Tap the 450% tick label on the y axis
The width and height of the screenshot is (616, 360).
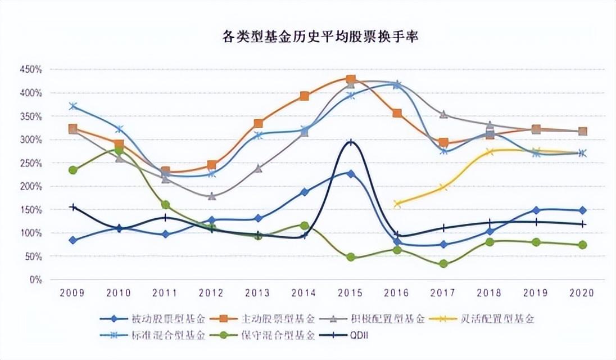click(31, 70)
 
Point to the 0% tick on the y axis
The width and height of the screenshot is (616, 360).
click(35, 280)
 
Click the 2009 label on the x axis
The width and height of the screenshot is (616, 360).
click(73, 293)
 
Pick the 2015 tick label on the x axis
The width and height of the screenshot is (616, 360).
click(351, 293)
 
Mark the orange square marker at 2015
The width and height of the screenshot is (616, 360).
click(351, 80)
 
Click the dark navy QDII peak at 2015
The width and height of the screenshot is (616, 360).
click(351, 142)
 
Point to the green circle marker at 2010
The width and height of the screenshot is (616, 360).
click(119, 150)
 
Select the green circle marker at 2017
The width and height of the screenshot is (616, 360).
click(443, 263)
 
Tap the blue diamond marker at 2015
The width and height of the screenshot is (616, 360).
click(351, 174)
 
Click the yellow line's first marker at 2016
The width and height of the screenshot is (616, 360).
click(397, 204)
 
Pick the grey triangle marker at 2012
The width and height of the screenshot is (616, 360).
click(211, 196)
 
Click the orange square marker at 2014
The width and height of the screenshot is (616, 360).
click(304, 96)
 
